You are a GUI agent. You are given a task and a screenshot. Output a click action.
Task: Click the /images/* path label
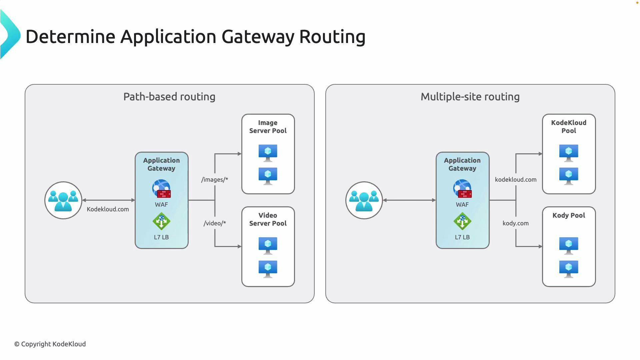(x=215, y=180)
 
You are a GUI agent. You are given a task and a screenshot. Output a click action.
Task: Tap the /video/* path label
(x=215, y=223)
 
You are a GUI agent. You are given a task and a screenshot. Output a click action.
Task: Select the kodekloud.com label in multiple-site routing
(x=515, y=180)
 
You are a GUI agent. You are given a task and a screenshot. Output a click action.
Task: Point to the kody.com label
(x=515, y=223)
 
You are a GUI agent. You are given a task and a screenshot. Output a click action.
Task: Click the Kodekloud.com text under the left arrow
(x=108, y=209)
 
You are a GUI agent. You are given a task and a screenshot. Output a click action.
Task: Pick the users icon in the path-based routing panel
(x=63, y=200)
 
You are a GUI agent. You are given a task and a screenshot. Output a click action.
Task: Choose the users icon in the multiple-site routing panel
(x=364, y=200)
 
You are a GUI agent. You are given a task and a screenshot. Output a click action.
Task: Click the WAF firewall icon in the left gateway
(x=162, y=189)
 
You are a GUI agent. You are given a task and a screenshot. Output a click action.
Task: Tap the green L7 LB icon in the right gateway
(x=462, y=221)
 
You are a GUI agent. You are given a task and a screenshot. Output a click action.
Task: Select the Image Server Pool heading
(x=268, y=127)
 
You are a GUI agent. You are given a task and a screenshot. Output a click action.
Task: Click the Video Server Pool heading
(x=268, y=219)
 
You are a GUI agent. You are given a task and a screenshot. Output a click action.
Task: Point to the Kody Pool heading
(x=569, y=215)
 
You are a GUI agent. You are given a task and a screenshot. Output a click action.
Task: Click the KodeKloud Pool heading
(x=569, y=127)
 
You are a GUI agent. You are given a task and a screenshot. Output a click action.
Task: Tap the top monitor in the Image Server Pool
(x=268, y=153)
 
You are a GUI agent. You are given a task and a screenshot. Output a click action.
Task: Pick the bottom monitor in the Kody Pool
(x=569, y=269)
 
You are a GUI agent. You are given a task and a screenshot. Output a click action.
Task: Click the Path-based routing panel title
(x=169, y=97)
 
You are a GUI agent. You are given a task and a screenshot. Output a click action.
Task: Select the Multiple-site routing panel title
(x=470, y=97)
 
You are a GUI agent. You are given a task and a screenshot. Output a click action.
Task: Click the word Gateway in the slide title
(x=258, y=37)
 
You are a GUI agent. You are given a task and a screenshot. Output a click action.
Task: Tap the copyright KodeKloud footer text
(x=50, y=344)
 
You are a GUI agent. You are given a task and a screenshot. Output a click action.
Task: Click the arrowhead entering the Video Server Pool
(x=239, y=247)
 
